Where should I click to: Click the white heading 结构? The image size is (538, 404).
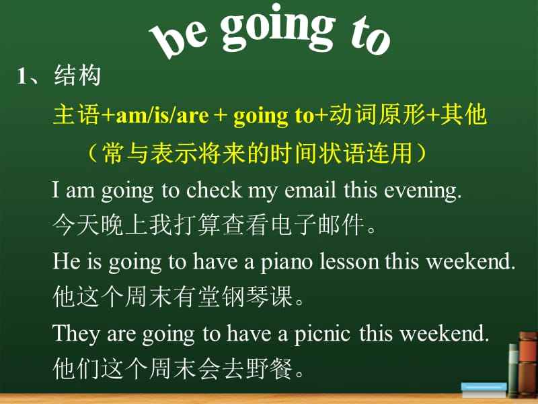77,75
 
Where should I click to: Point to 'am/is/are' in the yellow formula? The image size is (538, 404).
162,115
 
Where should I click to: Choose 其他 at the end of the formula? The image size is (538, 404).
463,114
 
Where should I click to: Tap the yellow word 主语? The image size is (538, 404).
76,114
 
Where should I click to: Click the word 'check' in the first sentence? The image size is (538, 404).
214,190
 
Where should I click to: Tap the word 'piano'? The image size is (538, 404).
286,263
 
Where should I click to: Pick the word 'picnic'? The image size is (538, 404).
322,334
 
